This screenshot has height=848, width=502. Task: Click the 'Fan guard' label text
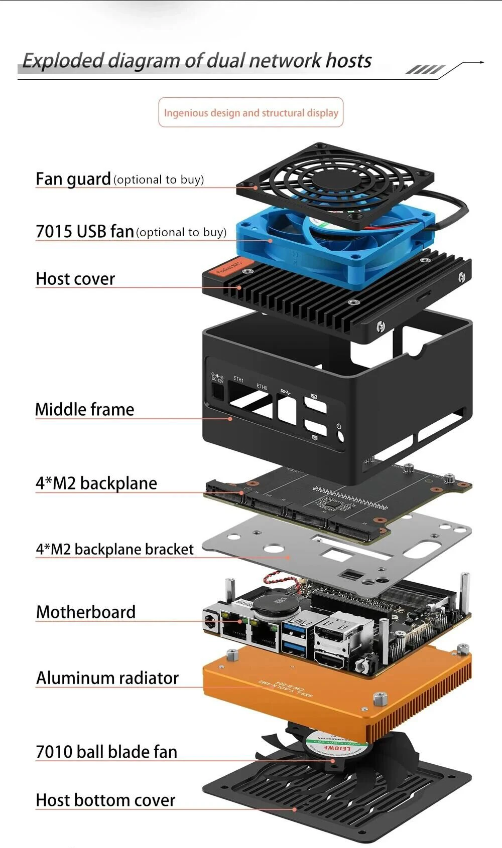pyautogui.click(x=73, y=179)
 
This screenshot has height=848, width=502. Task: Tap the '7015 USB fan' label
pyautogui.click(x=84, y=231)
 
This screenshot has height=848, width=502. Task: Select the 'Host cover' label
pyautogui.click(x=75, y=279)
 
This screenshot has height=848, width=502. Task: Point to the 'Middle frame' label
pyautogui.click(x=84, y=409)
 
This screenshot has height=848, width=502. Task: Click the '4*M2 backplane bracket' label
pyautogui.click(x=114, y=549)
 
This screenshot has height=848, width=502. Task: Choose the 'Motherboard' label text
pyautogui.click(x=86, y=612)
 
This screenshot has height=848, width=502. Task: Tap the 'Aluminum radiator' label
pyautogui.click(x=107, y=678)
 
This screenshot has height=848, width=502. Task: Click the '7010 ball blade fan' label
pyautogui.click(x=106, y=752)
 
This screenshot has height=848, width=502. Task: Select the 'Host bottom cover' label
pyautogui.click(x=105, y=800)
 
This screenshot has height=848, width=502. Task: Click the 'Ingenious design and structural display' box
pyautogui.click(x=251, y=113)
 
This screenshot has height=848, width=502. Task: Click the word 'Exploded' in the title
pyautogui.click(x=63, y=61)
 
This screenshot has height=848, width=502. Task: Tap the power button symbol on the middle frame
pyautogui.click(x=339, y=427)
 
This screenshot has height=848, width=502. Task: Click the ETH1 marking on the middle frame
pyautogui.click(x=238, y=380)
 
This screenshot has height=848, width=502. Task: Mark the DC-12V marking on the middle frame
pyautogui.click(x=217, y=377)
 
